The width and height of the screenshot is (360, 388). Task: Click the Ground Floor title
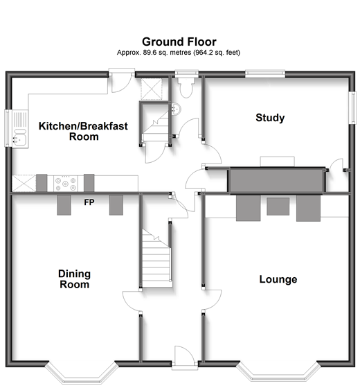coord(179,42)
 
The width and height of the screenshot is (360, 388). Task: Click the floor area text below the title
coord(179,53)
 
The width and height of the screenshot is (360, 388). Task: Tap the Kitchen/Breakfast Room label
coord(83,131)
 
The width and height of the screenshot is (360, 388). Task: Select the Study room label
coord(270,118)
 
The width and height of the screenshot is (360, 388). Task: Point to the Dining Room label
coord(75,279)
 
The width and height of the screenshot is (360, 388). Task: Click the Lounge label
coord(278,279)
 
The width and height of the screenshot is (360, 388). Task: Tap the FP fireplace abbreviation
coord(89,202)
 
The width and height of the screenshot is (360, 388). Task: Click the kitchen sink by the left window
coord(21,129)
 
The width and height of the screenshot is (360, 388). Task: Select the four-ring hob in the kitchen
coord(66,184)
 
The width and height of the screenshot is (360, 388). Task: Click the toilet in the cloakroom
coord(186,87)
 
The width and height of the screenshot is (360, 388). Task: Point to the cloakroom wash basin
coord(176,109)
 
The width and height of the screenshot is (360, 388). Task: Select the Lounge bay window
coord(278,373)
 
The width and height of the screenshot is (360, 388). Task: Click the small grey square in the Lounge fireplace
coord(278,206)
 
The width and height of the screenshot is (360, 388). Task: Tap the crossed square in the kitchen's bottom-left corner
coord(24,184)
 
